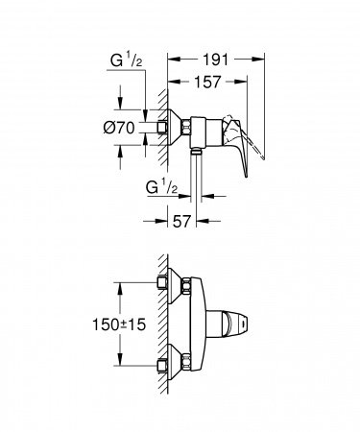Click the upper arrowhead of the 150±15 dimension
pyautogui.click(x=120, y=285)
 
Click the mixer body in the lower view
pyautogui.click(x=202, y=326)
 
